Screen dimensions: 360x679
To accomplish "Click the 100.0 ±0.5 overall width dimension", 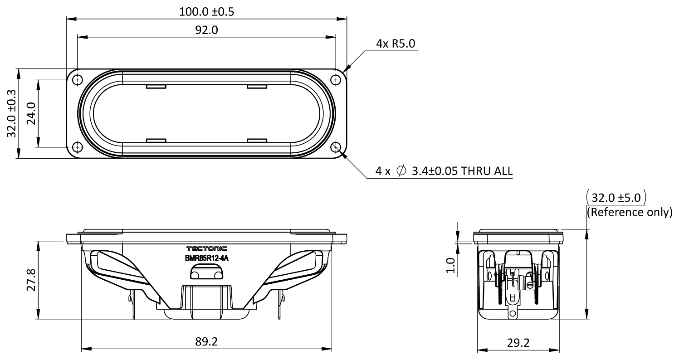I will [207, 11].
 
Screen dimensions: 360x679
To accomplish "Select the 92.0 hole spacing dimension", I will [207, 30].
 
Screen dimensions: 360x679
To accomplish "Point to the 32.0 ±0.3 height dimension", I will [12, 113].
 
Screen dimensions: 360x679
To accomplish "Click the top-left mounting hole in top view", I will [78, 80].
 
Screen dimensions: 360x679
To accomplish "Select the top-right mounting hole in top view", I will [336, 80].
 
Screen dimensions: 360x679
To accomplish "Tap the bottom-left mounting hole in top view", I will [78, 147].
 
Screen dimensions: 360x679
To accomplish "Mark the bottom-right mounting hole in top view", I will [336, 147].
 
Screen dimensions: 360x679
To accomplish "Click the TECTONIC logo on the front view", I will [207, 248].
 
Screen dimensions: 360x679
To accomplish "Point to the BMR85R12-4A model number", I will [207, 258].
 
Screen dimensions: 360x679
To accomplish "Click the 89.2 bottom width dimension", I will [207, 342].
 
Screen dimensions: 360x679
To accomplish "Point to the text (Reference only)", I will [630, 212].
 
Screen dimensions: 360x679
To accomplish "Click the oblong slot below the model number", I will [206, 274].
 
